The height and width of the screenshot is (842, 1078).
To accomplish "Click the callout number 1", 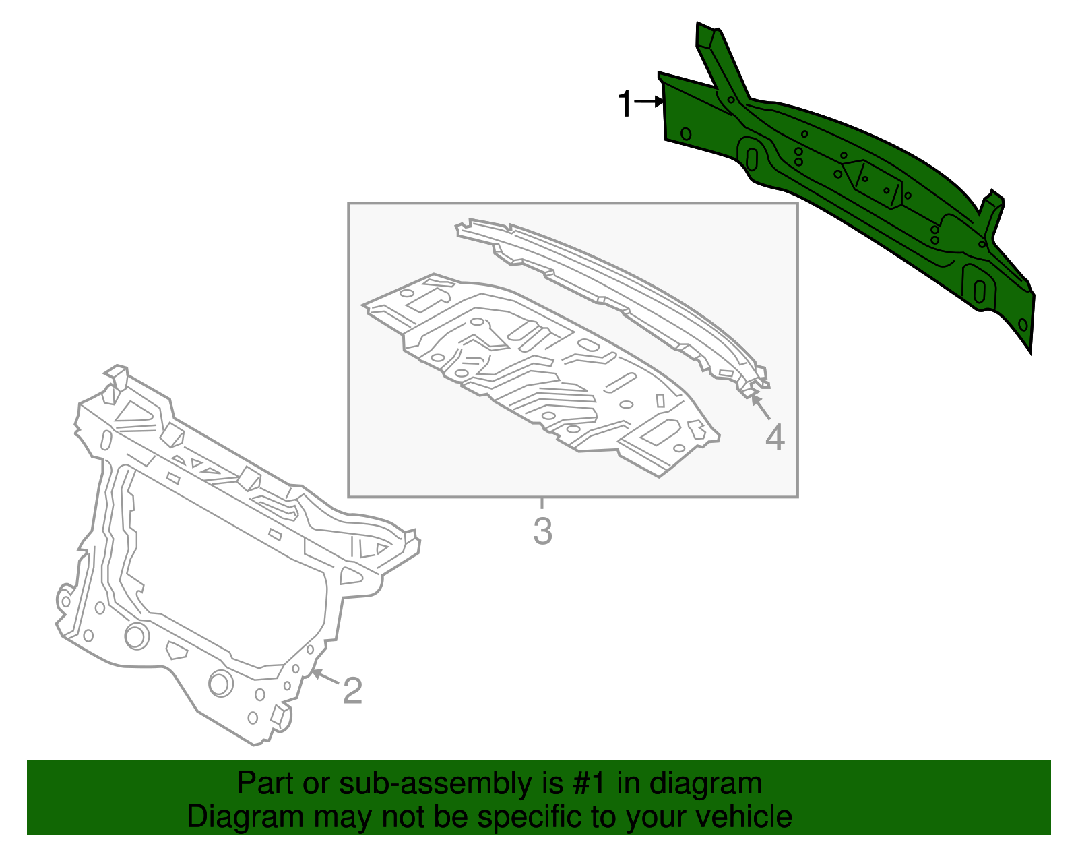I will [625, 104].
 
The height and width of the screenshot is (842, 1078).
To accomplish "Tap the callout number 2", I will [352, 690].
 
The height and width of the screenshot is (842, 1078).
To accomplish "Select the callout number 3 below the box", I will [542, 531].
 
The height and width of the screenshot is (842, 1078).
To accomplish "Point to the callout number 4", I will [775, 438].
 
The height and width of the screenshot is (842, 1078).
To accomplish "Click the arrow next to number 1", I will [649, 102].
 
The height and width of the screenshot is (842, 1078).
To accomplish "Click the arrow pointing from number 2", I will [325, 676].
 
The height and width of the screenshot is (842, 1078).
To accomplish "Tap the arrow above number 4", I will [761, 407].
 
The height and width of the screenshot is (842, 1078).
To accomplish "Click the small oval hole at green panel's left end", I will [686, 133].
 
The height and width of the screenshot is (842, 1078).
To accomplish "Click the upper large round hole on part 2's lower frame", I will [137, 636].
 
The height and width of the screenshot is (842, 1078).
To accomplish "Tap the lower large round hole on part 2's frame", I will [221, 684].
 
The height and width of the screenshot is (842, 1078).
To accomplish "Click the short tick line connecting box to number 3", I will [542, 503].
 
